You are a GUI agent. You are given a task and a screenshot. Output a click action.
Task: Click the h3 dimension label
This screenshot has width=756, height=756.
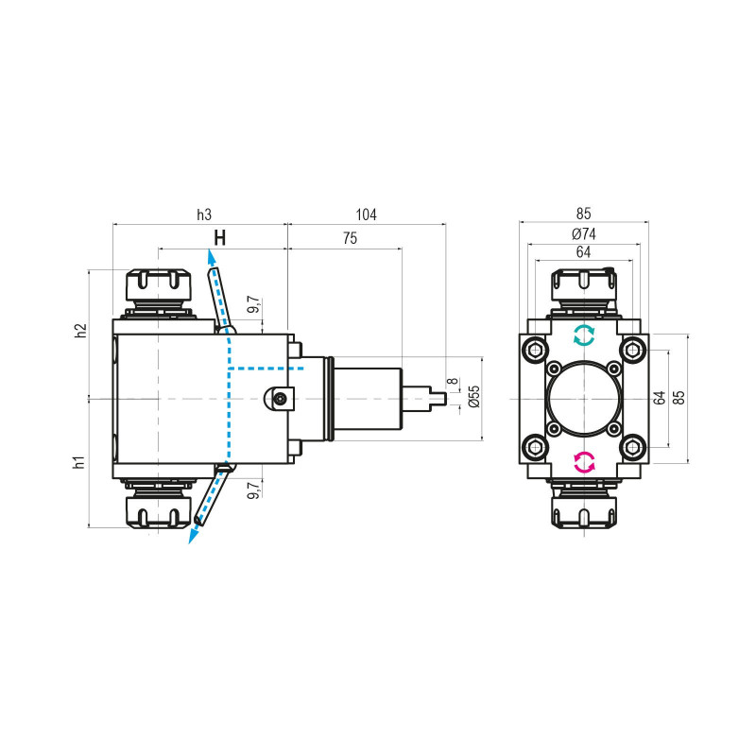click(204, 215)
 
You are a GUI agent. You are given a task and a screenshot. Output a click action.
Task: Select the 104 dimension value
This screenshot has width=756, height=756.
click(366, 215)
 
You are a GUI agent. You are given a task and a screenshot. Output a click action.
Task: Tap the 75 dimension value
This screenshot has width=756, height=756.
click(350, 240)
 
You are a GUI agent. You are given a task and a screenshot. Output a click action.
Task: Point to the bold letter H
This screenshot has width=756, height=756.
click(219, 238)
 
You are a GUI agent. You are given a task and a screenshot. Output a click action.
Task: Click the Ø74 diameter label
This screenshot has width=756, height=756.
click(583, 234)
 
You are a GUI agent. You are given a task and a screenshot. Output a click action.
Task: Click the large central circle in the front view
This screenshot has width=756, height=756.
click(583, 399)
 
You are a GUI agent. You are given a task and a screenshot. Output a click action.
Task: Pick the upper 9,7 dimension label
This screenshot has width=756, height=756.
click(252, 305)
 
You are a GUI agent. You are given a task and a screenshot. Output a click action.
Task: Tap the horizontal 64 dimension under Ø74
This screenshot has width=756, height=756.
click(583, 252)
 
